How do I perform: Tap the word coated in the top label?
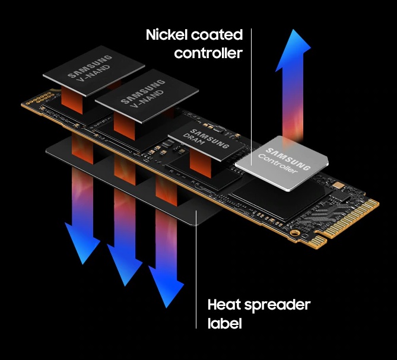(217, 35)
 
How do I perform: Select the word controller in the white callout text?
(208, 53)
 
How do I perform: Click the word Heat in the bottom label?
(224, 305)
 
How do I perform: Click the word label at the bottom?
(224, 323)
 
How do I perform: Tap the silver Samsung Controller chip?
(281, 163)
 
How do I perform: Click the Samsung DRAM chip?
(207, 141)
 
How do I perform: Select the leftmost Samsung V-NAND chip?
(94, 71)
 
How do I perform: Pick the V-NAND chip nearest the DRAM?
(147, 95)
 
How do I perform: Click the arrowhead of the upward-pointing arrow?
(293, 50)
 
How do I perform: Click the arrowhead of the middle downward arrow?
(125, 265)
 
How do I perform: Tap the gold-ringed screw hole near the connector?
(294, 232)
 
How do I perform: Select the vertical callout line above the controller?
(251, 97)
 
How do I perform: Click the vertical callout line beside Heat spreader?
(196, 269)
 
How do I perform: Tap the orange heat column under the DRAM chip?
(200, 164)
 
